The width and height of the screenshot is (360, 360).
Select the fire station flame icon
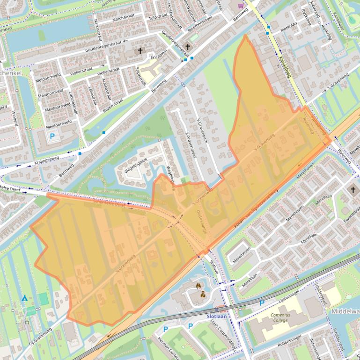pos(199,285)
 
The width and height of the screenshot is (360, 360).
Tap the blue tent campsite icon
pos(24,298)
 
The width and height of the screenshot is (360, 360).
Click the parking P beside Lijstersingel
pos(262,303)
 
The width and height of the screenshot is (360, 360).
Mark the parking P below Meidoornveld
pos(52,137)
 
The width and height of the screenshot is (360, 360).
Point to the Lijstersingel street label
pos(289,298)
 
